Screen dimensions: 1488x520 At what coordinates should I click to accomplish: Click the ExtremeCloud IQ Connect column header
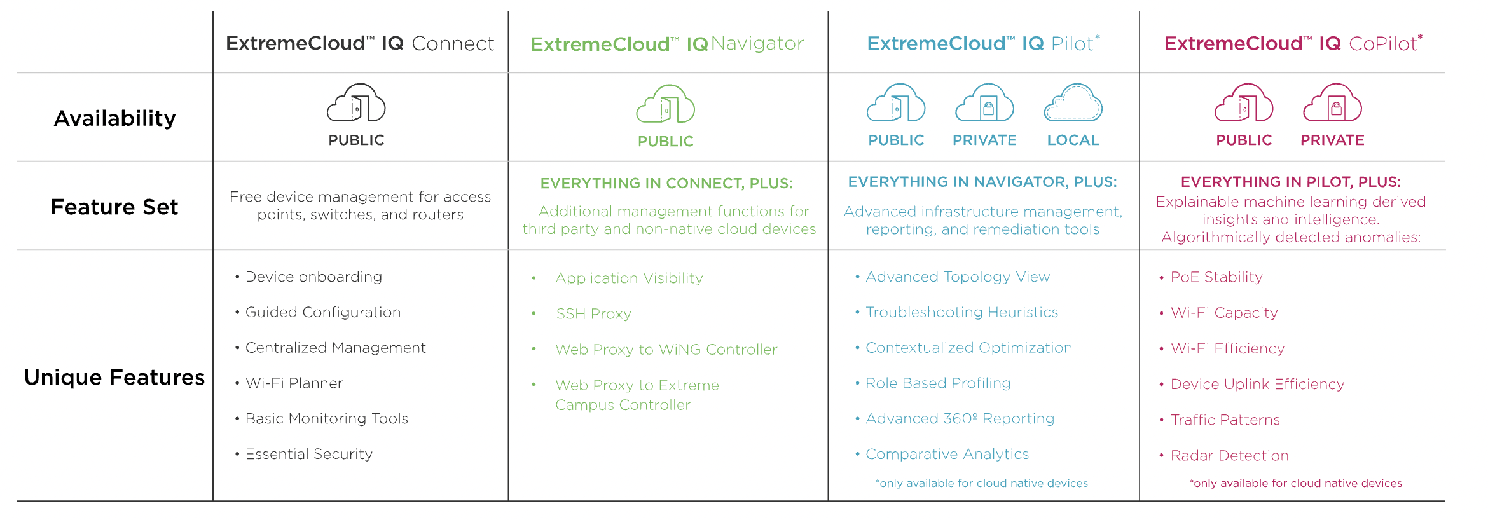click(x=360, y=43)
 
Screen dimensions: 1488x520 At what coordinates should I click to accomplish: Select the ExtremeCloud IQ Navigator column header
click(x=667, y=43)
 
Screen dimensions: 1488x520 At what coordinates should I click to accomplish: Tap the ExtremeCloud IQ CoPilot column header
click(x=1293, y=43)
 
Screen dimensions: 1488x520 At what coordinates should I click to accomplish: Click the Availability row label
click(x=114, y=118)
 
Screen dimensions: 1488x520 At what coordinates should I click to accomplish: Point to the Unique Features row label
click(x=114, y=377)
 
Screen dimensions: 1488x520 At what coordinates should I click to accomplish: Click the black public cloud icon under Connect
click(x=356, y=102)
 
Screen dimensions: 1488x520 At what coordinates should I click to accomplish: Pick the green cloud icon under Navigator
click(x=666, y=104)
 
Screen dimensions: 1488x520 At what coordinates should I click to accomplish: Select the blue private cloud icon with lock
click(x=984, y=102)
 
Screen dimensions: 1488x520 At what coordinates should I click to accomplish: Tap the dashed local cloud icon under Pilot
click(x=1073, y=102)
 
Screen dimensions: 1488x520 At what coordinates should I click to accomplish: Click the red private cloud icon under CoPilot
click(x=1332, y=102)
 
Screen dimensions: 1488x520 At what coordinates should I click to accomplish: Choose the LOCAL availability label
click(x=1073, y=140)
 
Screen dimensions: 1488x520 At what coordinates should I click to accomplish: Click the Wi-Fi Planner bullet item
click(x=289, y=383)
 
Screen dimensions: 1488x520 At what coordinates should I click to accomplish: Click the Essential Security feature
click(x=303, y=454)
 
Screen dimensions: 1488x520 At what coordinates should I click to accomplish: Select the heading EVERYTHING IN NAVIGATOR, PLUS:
click(x=982, y=182)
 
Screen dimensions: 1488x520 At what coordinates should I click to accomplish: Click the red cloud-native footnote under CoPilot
click(x=1296, y=483)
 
